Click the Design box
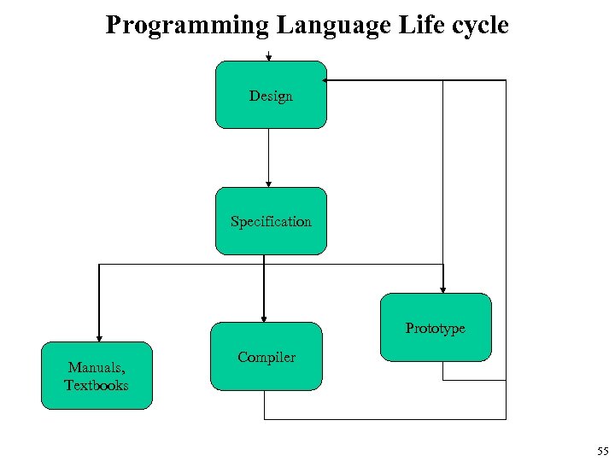point(271,95)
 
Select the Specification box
point(271,221)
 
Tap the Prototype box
point(436,328)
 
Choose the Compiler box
point(266,357)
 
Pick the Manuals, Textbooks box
point(97,376)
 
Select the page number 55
point(602,452)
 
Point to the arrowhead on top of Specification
point(269,183)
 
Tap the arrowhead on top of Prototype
point(442,289)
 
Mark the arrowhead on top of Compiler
point(264,318)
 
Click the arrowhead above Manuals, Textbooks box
point(99,337)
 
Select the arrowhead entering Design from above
point(269,58)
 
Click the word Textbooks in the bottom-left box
point(97,385)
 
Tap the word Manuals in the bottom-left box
point(96,368)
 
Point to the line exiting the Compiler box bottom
point(265,406)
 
